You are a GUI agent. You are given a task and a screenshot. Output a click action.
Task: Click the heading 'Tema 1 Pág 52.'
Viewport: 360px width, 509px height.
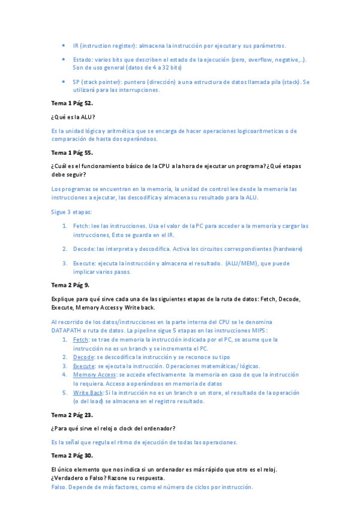point(71,103)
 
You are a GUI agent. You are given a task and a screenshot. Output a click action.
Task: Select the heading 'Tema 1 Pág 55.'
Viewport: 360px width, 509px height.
point(71,154)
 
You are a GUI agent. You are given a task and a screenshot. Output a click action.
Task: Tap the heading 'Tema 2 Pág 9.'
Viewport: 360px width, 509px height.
point(70,285)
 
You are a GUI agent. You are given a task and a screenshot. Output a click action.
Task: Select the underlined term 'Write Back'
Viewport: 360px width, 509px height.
point(88,393)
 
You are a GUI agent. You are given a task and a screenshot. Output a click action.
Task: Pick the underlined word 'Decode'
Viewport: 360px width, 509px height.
point(83,357)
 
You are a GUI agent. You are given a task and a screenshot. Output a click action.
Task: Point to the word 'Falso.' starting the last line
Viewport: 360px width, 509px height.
point(61,487)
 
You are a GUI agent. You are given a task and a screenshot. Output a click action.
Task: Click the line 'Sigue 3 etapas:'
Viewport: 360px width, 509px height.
point(71,212)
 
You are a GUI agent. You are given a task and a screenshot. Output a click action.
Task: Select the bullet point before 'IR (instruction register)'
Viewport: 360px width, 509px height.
point(64,46)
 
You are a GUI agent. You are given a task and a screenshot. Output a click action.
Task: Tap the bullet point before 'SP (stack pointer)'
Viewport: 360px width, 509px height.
point(64,82)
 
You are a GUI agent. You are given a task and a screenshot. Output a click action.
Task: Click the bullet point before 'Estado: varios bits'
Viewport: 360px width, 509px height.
point(64,59)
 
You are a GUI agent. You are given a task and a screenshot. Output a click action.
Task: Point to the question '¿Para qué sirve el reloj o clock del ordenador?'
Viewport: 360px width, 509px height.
point(113,428)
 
